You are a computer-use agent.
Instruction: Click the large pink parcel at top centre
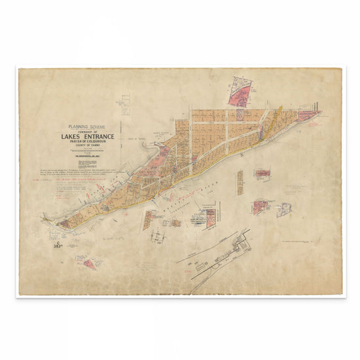point(240,92)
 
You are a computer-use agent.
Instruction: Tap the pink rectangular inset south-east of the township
point(262,173)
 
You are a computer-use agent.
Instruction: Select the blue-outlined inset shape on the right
point(284,209)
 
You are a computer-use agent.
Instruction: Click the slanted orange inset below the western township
point(149,219)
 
